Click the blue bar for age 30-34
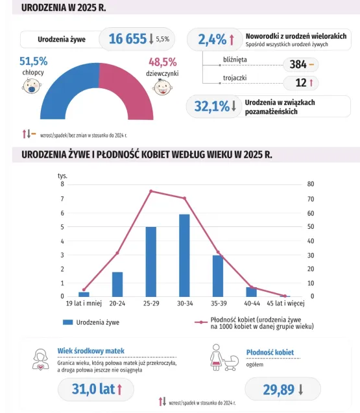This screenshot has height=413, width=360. click(184, 255)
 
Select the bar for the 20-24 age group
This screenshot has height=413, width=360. click(117, 285)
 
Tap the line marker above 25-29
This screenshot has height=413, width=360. click(151, 191)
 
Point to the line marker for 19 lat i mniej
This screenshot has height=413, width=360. click(84, 290)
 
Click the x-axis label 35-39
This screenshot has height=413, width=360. click(219, 303)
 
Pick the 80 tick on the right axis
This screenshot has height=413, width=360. click(311, 184)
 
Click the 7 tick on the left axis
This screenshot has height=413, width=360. click(62, 198)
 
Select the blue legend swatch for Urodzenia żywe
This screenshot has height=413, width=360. click(67, 322)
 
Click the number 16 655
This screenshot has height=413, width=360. click(128, 39)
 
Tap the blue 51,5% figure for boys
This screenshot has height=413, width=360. click(34, 62)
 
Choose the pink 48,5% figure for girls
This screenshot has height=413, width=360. click(163, 62)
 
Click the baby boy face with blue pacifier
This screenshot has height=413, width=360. click(32, 86)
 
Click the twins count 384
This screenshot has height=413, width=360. click(298, 64)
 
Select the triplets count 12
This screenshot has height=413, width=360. click(301, 83)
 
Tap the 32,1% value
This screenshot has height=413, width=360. click(212, 106)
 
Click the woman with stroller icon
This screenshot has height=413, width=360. click(224, 357)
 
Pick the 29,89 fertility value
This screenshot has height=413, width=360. click(278, 390)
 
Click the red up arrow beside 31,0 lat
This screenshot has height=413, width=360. click(119, 389)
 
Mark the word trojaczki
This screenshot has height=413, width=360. click(235, 78)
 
